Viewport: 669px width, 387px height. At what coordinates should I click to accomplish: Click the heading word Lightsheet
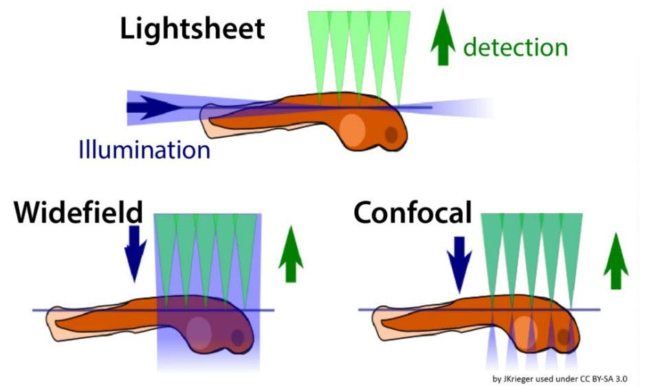pyautogui.click(x=192, y=29)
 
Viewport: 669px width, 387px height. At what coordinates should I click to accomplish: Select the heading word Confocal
pyautogui.click(x=413, y=213)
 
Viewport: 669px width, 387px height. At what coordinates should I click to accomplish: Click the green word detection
pyautogui.click(x=515, y=47)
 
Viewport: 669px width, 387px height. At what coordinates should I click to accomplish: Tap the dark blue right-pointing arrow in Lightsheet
pyautogui.click(x=155, y=107)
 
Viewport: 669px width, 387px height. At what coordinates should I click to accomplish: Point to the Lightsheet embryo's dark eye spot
pyautogui.click(x=390, y=135)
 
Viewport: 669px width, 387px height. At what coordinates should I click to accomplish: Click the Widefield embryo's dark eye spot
pyautogui.click(x=238, y=337)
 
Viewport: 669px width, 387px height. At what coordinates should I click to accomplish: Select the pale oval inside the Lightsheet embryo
pyautogui.click(x=353, y=129)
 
